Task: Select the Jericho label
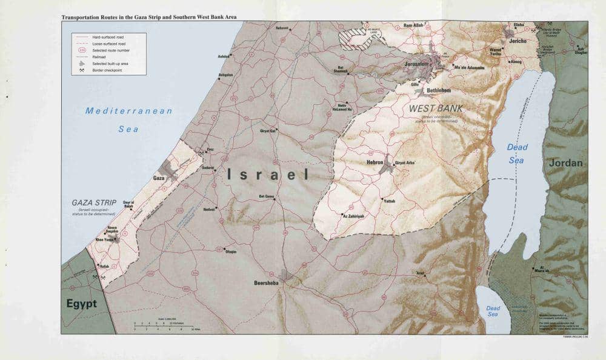click(x=518, y=41)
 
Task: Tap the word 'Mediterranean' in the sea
click(x=128, y=111)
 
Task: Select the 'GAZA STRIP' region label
click(x=94, y=202)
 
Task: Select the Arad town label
click(x=419, y=273)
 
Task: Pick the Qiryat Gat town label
click(x=268, y=130)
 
